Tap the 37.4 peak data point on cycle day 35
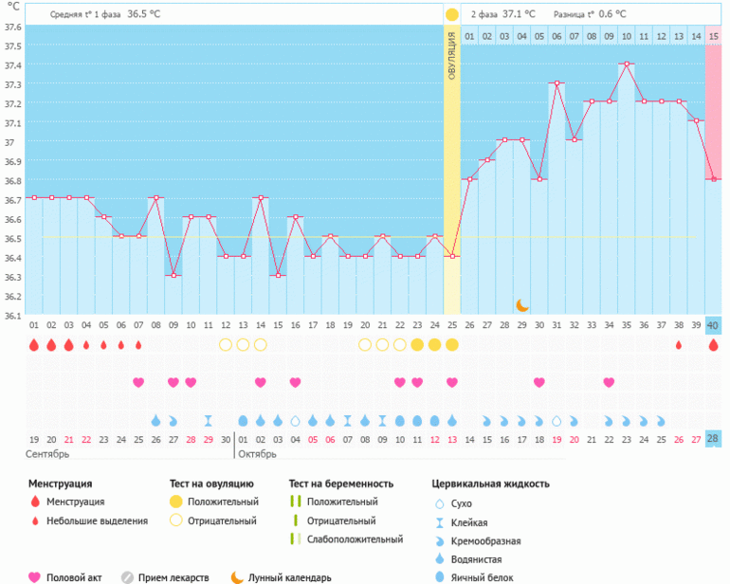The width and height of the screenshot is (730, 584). tap(626, 64)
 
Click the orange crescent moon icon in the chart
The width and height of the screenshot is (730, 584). tap(522, 304)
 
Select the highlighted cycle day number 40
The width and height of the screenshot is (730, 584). tap(713, 325)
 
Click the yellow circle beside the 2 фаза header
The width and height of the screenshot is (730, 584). tap(452, 14)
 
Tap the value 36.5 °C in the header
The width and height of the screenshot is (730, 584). tap(144, 14)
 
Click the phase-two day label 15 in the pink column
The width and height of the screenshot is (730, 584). tap(713, 36)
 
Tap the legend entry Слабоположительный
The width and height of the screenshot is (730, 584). tap(353, 539)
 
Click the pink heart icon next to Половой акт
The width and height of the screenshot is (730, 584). tap(35, 576)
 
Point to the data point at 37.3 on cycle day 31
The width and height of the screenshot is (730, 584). tap(557, 83)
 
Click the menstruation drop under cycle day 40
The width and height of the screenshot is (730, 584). tap(713, 345)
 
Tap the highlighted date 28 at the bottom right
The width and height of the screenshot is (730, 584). tap(713, 438)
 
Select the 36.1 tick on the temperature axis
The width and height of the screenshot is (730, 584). tap(11, 316)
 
